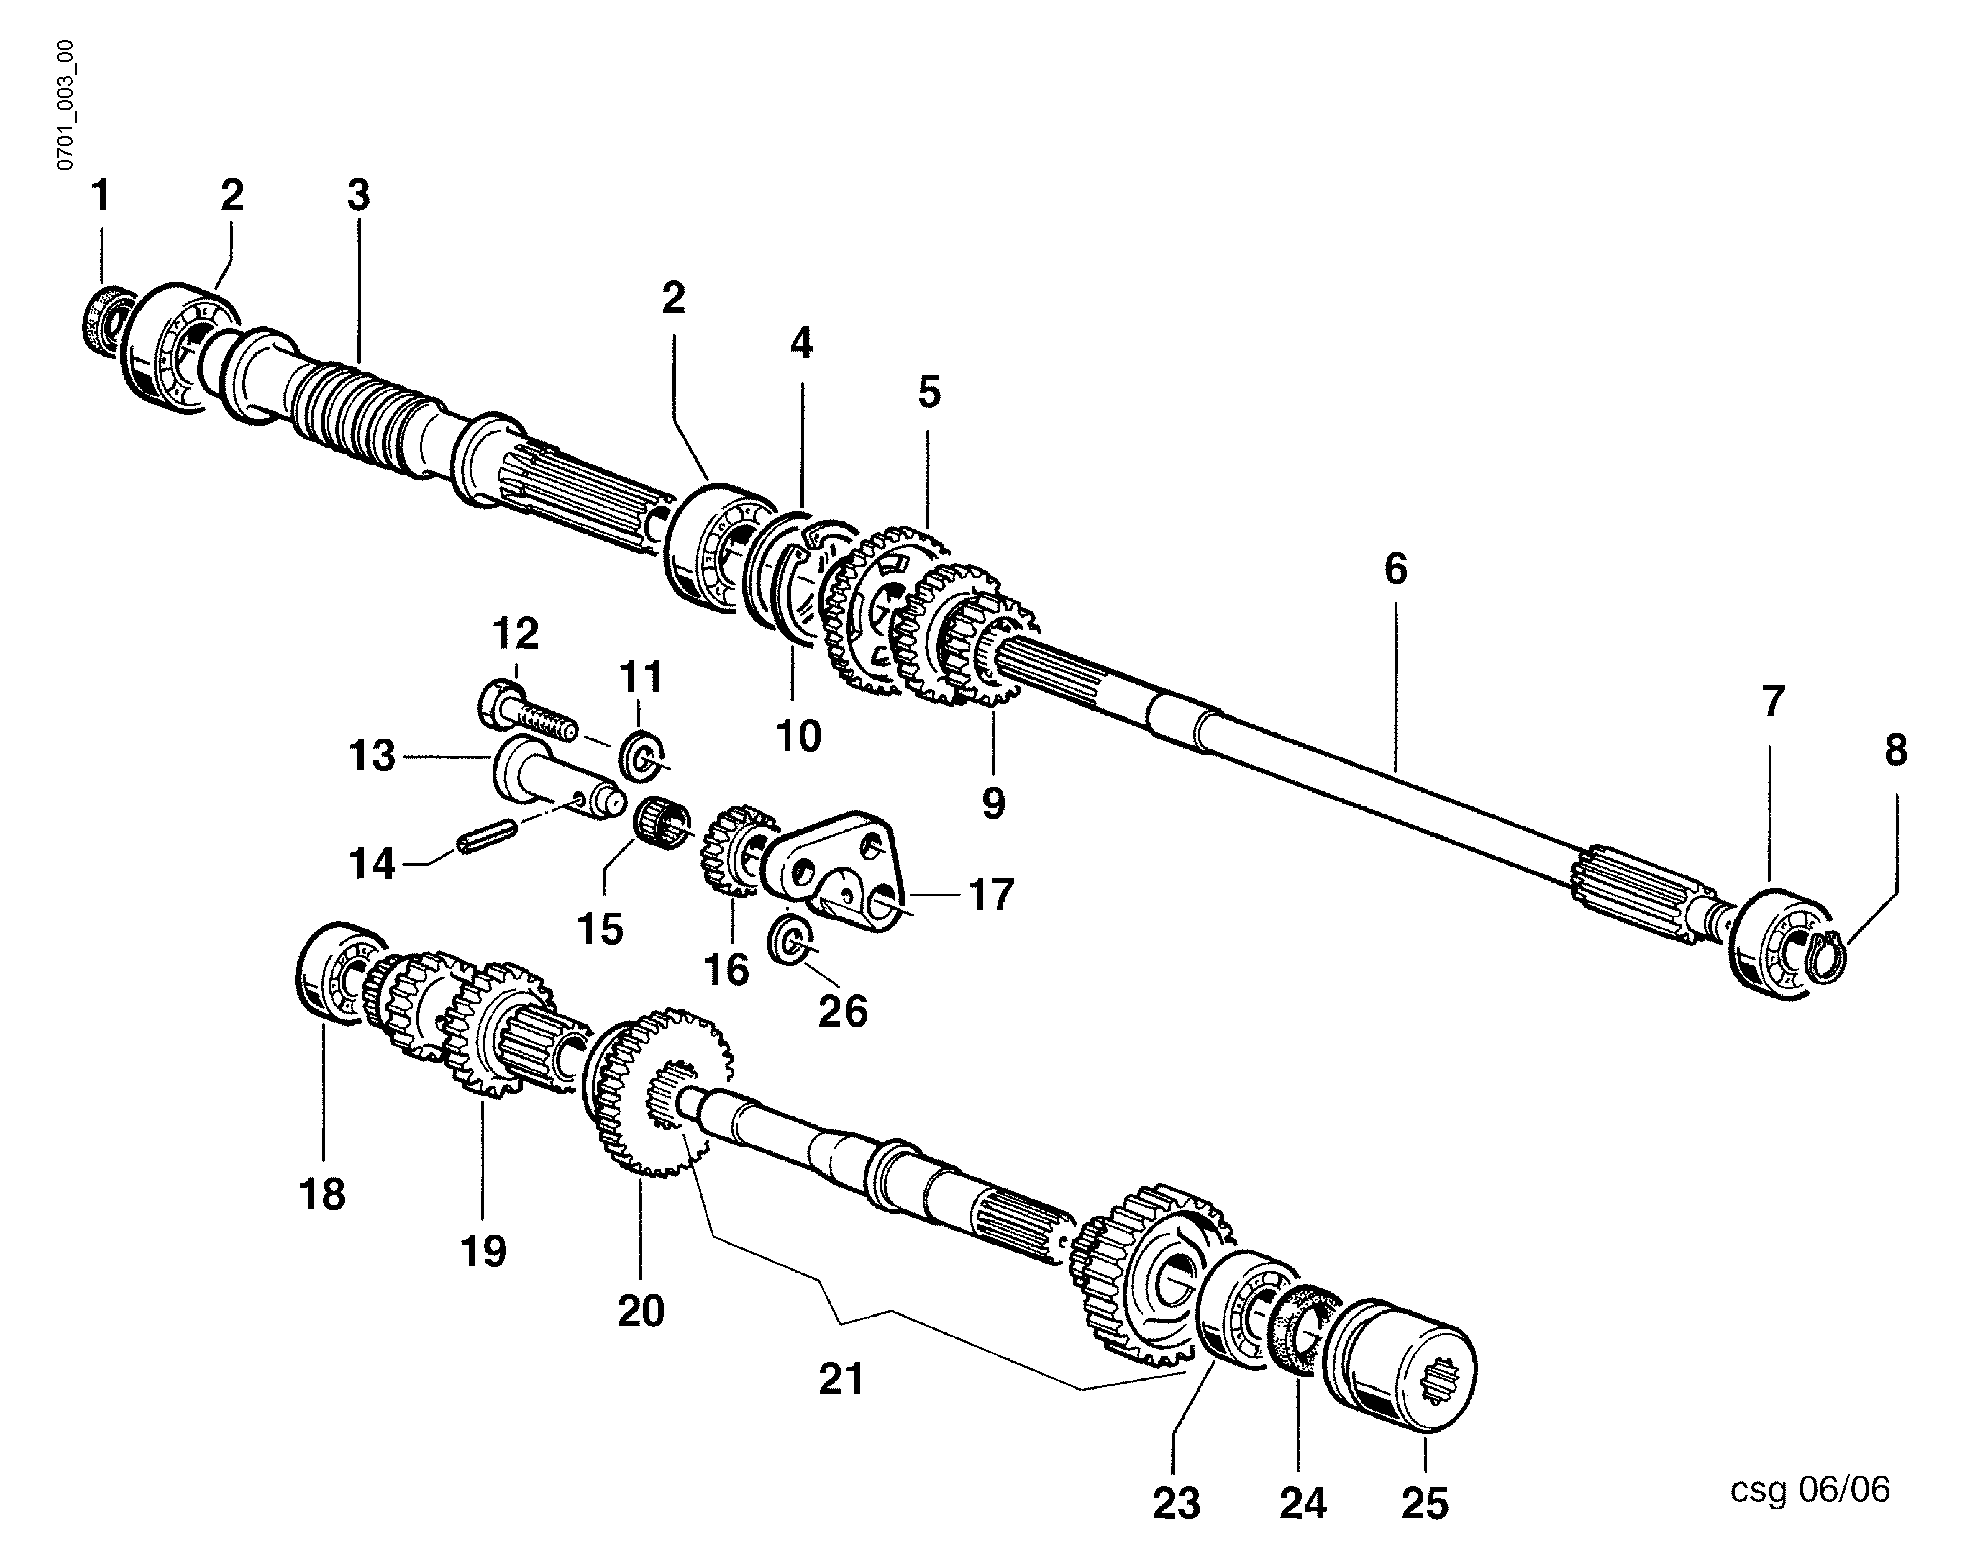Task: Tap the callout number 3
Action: [x=358, y=196]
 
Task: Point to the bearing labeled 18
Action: [x=329, y=976]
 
